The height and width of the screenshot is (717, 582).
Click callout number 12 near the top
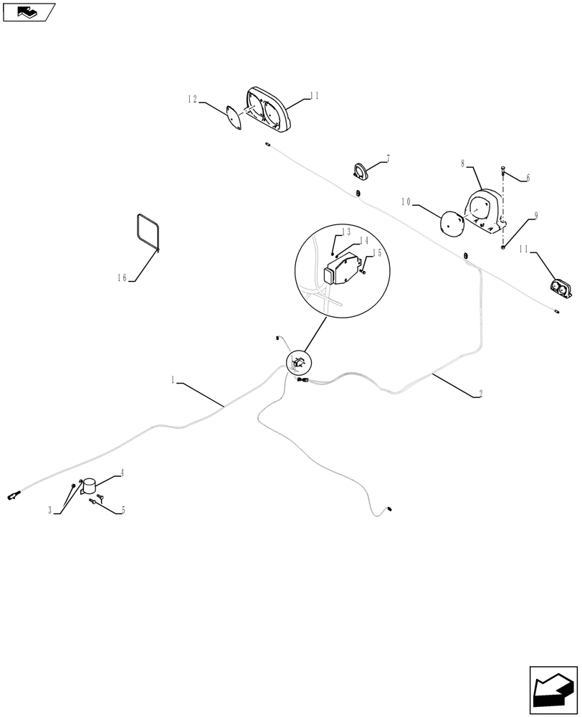(192, 100)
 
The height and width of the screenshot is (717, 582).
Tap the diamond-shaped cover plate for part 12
(232, 117)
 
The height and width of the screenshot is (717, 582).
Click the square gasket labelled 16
(148, 232)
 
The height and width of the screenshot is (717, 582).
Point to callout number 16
(122, 278)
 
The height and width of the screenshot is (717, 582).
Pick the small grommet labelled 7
(361, 171)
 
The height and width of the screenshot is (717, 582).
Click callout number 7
(388, 158)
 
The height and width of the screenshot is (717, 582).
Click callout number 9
(535, 215)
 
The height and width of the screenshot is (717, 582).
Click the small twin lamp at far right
(561, 288)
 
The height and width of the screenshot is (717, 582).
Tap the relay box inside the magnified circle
(343, 270)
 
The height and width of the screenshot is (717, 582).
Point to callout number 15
(376, 253)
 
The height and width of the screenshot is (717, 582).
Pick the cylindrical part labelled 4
(90, 487)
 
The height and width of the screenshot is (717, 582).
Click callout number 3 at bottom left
(50, 511)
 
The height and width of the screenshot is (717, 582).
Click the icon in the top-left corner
(29, 11)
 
